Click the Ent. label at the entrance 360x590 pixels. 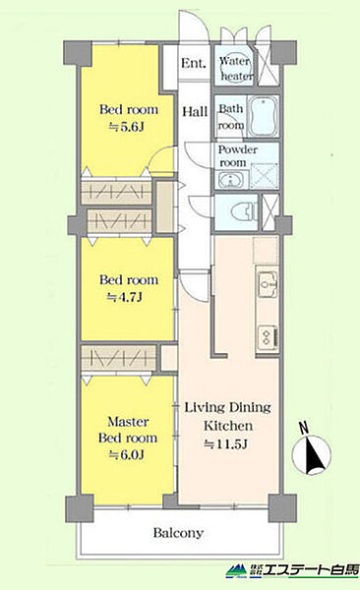pyautogui.click(x=194, y=63)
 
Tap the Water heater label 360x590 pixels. pyautogui.click(x=236, y=69)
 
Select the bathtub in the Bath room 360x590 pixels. pyautogui.click(x=263, y=115)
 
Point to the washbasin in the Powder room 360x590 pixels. pyautogui.click(x=230, y=180)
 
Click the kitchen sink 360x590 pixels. pyautogui.click(x=268, y=283)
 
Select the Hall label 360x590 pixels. pyautogui.click(x=195, y=111)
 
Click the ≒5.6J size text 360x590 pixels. pyautogui.click(x=126, y=127)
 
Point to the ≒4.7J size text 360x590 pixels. pyautogui.click(x=125, y=297)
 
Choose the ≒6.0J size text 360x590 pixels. pyautogui.click(x=126, y=455)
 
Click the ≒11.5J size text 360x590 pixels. pyautogui.click(x=225, y=444)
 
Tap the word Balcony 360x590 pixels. pyautogui.click(x=178, y=533)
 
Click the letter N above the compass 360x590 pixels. pyautogui.click(x=304, y=427)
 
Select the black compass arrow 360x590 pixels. pyautogui.click(x=315, y=455)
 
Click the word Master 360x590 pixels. pyautogui.click(x=128, y=422)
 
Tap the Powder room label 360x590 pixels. pyautogui.click(x=238, y=155)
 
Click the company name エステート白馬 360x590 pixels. pyautogui.click(x=310, y=570)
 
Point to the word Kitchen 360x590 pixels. pyautogui.click(x=228, y=426)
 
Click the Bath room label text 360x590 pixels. pyautogui.click(x=231, y=117)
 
